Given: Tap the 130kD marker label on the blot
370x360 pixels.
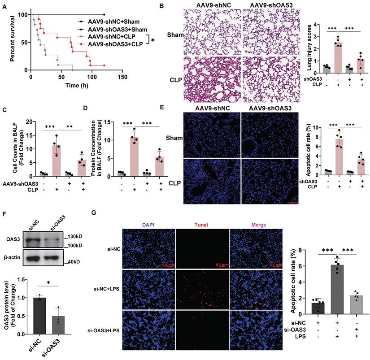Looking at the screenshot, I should tap(73, 237).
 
